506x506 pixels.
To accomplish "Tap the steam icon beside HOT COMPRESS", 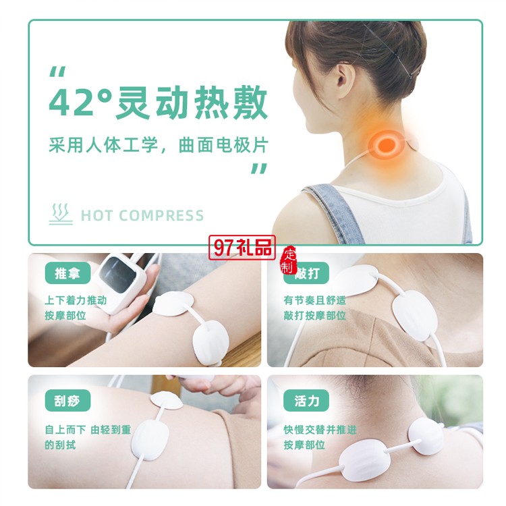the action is (x=61, y=214).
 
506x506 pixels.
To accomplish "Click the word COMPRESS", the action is (x=161, y=216).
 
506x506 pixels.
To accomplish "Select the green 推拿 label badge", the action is (x=67, y=273).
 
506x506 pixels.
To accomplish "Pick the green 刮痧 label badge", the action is (x=67, y=401).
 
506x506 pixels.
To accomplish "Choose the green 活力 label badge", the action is (x=306, y=401).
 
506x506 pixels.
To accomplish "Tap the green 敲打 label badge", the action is (x=306, y=273).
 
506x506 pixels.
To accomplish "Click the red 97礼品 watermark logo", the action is (x=242, y=248).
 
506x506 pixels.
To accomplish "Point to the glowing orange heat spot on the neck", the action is (x=387, y=144).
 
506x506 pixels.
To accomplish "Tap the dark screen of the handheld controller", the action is (x=117, y=275).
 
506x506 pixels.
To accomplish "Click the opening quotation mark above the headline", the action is (x=57, y=72).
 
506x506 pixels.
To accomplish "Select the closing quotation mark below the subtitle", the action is (x=260, y=169).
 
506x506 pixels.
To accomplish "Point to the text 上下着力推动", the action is (x=76, y=300).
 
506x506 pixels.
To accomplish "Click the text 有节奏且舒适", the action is (x=314, y=300).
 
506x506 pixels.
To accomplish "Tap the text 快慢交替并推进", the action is (x=320, y=430).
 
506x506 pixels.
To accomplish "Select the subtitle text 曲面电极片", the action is (x=223, y=145).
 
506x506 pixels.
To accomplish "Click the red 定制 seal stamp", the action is (x=288, y=260).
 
